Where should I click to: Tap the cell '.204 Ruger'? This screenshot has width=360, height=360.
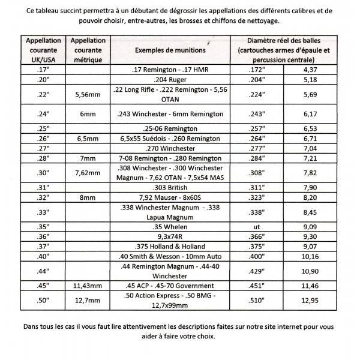[170, 79]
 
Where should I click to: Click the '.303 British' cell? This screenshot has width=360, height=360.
[170, 187]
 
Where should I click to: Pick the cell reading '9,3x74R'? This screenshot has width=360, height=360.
[170, 238]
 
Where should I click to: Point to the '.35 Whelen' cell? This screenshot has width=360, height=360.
[170, 227]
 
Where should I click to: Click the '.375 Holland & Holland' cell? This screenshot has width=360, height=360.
[170, 248]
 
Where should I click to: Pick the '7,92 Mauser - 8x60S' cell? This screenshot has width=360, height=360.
[170, 196]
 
